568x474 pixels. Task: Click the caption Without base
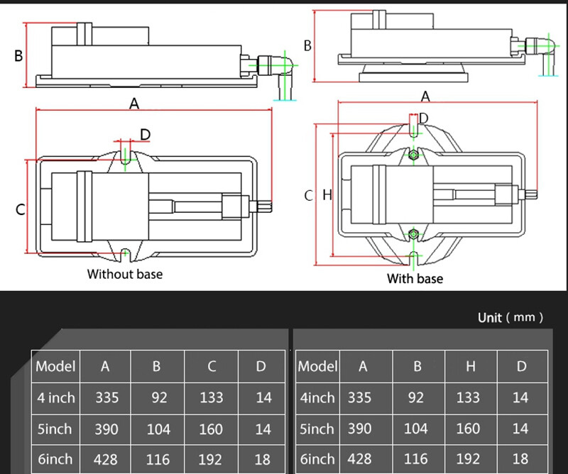(x=124, y=274)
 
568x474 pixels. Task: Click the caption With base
(x=415, y=279)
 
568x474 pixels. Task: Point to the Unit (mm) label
(x=510, y=317)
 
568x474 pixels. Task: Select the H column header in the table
(x=468, y=366)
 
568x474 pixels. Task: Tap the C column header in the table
(x=212, y=366)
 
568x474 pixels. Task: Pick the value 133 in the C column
(x=212, y=398)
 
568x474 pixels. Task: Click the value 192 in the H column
(x=468, y=459)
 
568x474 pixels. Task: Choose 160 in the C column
(x=212, y=429)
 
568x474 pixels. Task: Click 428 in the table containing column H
(x=359, y=459)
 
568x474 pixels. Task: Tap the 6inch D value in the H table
(x=520, y=459)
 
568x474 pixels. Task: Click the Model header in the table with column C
(x=55, y=366)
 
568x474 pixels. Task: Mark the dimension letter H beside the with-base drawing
(x=327, y=194)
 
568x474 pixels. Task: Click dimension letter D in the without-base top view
(x=145, y=133)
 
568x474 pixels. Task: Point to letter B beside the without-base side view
(x=19, y=55)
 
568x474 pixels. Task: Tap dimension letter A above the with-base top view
(x=426, y=95)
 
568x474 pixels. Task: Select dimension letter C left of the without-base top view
(x=21, y=210)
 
